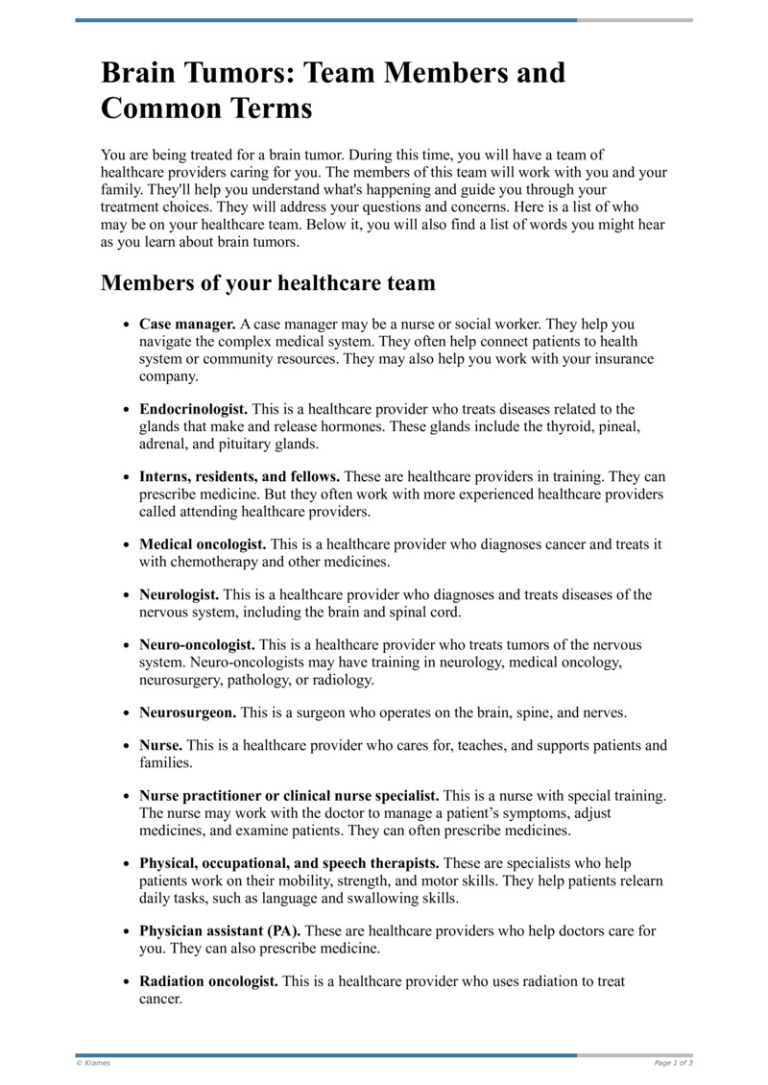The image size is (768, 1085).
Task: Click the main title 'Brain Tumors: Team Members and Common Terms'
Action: click(333, 90)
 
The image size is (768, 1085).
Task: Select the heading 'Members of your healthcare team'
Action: click(268, 283)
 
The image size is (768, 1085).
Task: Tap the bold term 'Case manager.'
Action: click(187, 325)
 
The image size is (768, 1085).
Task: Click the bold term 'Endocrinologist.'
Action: click(193, 409)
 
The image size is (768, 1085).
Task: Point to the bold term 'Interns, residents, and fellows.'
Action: click(239, 476)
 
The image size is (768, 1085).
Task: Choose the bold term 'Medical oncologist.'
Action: click(203, 544)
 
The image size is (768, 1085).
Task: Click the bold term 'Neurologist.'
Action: click(179, 595)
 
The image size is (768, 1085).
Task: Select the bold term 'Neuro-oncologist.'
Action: click(197, 645)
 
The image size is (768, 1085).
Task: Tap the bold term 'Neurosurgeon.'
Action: click(187, 713)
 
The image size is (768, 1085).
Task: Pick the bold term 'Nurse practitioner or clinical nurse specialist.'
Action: click(289, 796)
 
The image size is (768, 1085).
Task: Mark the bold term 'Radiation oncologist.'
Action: click(208, 981)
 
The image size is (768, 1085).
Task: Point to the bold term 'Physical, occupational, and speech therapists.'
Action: click(289, 864)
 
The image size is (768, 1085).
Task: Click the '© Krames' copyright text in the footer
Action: click(93, 1063)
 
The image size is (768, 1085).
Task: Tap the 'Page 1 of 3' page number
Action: click(673, 1063)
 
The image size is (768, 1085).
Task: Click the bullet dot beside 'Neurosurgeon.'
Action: click(127, 714)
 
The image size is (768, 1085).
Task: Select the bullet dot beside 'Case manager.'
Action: click(127, 325)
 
